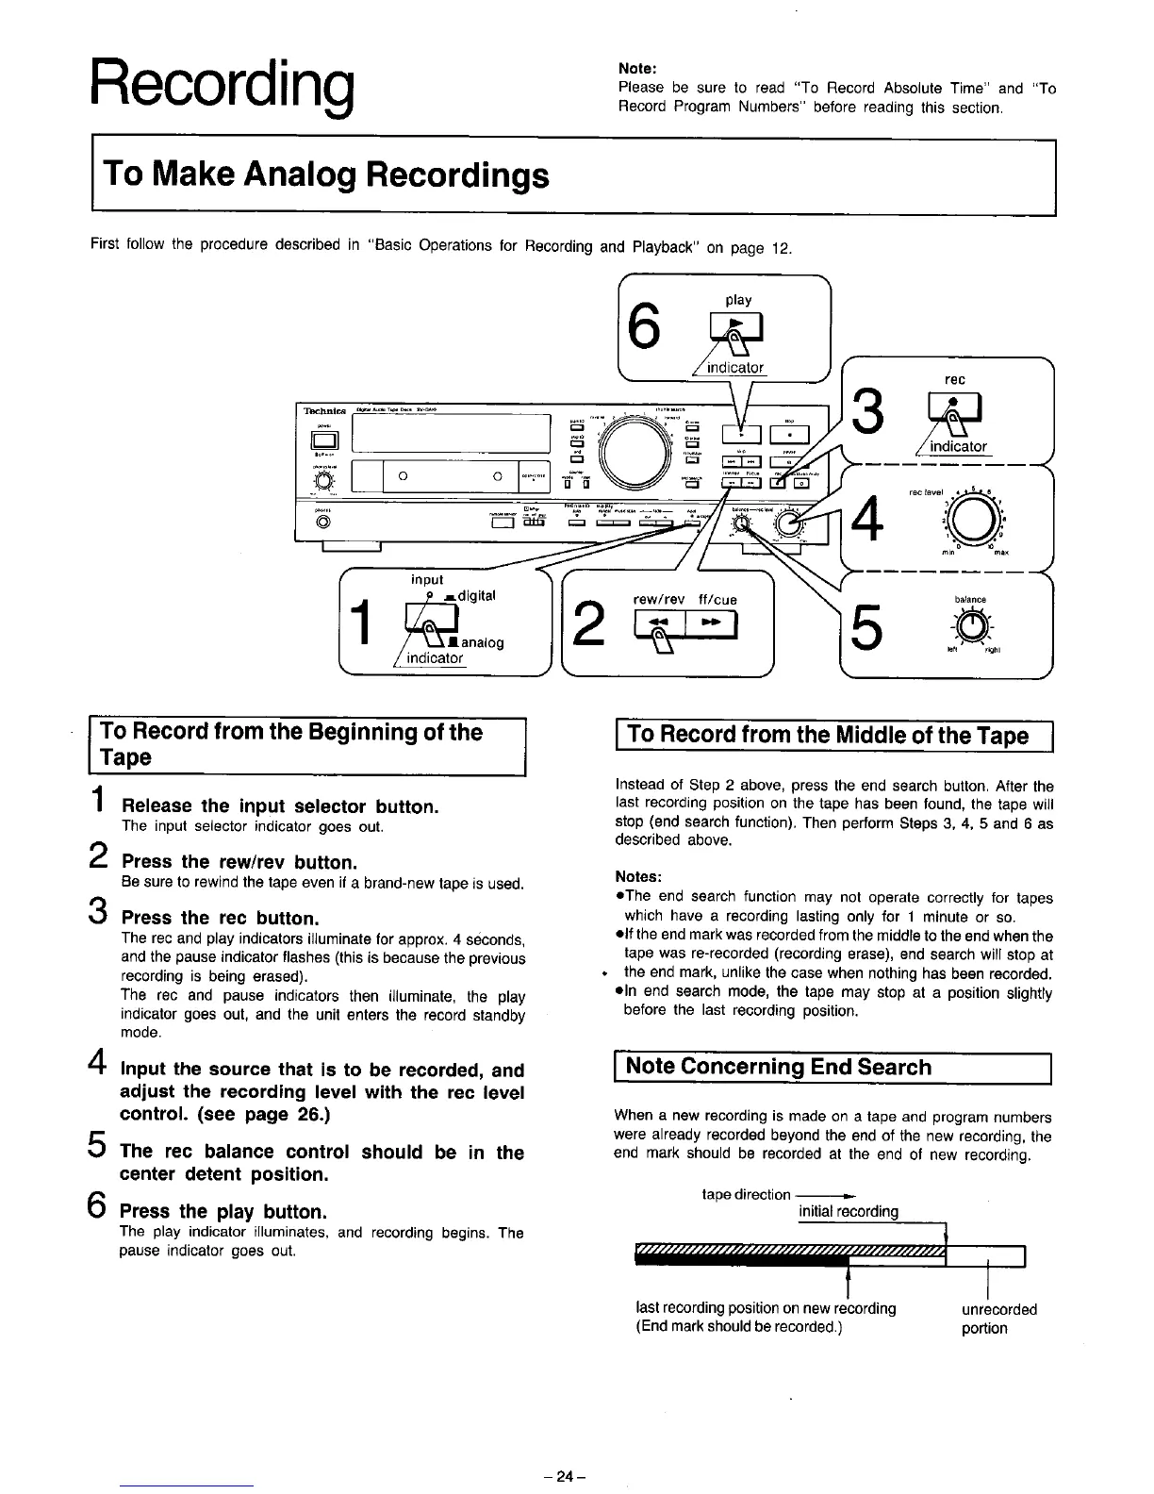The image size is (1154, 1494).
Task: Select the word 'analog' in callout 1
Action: pos(481,642)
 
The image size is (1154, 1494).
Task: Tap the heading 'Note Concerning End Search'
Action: pos(778,1067)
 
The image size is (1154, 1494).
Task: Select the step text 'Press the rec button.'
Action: pos(221,918)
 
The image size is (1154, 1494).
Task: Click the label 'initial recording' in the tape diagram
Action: pos(848,1211)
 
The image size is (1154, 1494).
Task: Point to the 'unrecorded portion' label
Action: pos(997,1319)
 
